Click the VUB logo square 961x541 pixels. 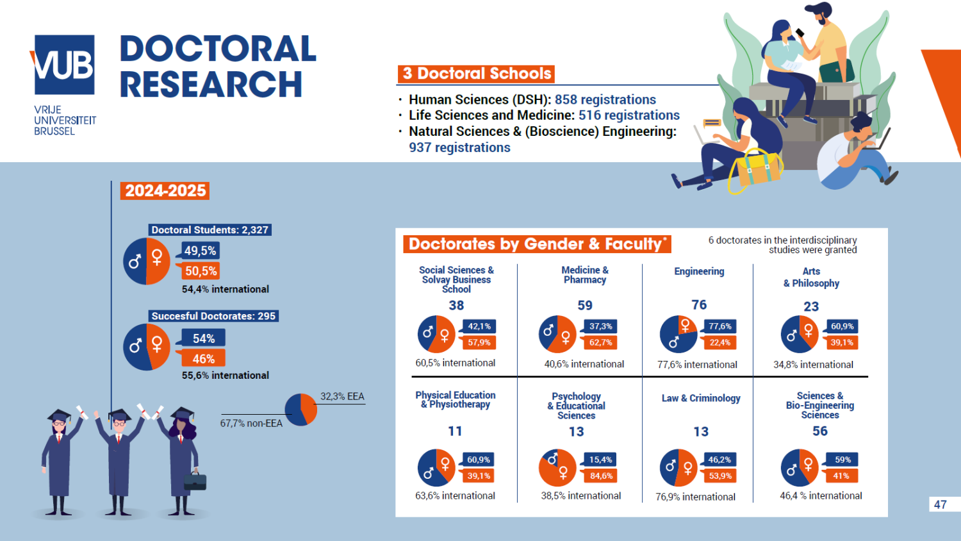[64, 65]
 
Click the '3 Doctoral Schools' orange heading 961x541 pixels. [477, 74]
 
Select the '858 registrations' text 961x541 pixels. [605, 100]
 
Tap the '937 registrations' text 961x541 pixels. [459, 147]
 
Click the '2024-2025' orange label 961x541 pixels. [165, 191]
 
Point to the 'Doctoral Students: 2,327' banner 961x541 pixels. [209, 230]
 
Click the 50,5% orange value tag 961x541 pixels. [201, 271]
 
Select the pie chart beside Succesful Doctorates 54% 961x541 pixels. [147, 347]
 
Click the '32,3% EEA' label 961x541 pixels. [342, 397]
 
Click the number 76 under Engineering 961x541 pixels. [699, 305]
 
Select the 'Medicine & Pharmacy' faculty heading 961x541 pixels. [585, 275]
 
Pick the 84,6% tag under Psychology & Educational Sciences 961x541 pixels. [601, 476]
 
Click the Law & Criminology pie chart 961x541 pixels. [678, 468]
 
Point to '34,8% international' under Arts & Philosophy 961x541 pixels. [813, 365]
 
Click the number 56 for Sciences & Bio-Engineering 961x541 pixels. [820, 431]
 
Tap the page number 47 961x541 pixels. [940, 504]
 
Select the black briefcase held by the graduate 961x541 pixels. [195, 481]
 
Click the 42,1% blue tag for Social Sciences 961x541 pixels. [479, 326]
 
